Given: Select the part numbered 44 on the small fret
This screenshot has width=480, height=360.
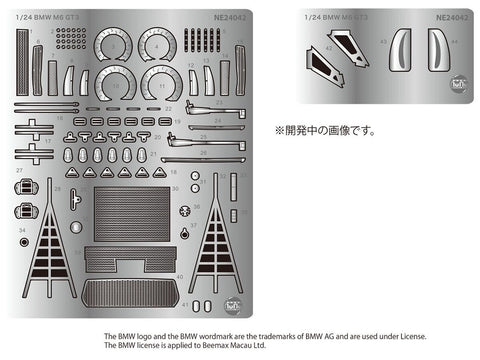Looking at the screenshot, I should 438,49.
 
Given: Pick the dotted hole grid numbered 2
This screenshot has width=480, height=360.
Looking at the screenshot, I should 71,39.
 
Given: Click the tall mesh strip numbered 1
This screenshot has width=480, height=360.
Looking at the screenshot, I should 22,60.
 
